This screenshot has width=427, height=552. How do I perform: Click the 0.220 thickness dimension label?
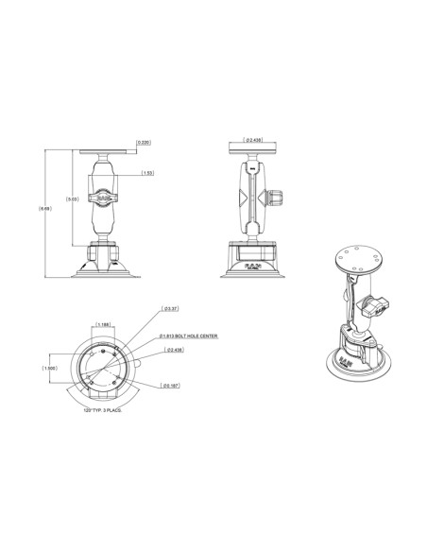pos(144,143)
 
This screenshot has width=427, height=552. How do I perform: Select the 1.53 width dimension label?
pos(148,173)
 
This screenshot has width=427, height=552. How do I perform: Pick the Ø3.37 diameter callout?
pos(171,309)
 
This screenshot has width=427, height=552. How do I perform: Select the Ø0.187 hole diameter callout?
pos(170,386)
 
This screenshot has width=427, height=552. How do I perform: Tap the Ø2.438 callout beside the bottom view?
pos(173,351)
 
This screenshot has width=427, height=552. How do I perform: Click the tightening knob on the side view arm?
pos(276,200)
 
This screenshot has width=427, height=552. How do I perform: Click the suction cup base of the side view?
pos(253,266)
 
